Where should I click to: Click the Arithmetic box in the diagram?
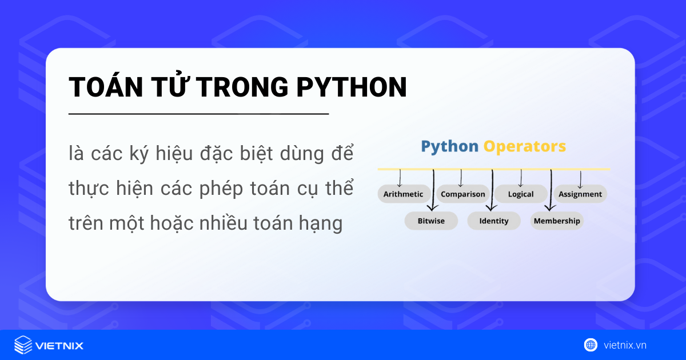[x=403, y=194]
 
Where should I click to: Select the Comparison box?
[x=462, y=194]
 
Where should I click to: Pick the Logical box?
[x=521, y=194]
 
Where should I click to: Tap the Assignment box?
[x=580, y=194]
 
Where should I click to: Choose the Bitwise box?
[x=431, y=221]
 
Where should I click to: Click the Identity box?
[x=494, y=221]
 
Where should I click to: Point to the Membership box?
[x=557, y=221]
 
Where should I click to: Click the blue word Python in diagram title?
[x=449, y=146]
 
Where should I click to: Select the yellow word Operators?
[x=525, y=146]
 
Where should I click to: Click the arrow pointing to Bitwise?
[x=433, y=191]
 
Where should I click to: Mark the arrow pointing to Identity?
[x=492, y=191]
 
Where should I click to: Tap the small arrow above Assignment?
[x=580, y=179]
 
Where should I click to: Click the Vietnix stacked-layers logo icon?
[x=23, y=345]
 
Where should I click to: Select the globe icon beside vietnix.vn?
[x=591, y=345]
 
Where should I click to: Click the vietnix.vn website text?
[x=625, y=345]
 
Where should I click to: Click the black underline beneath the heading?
[x=198, y=114]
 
